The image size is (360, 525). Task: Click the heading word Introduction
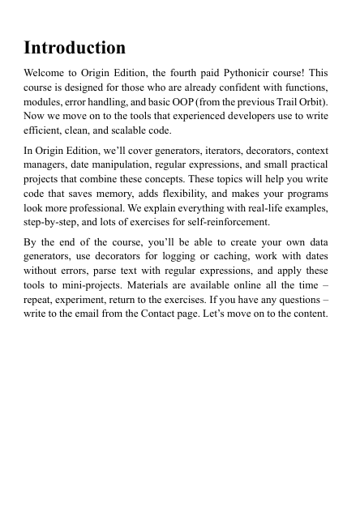[x=75, y=47]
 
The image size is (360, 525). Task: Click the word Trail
[x=282, y=101]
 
